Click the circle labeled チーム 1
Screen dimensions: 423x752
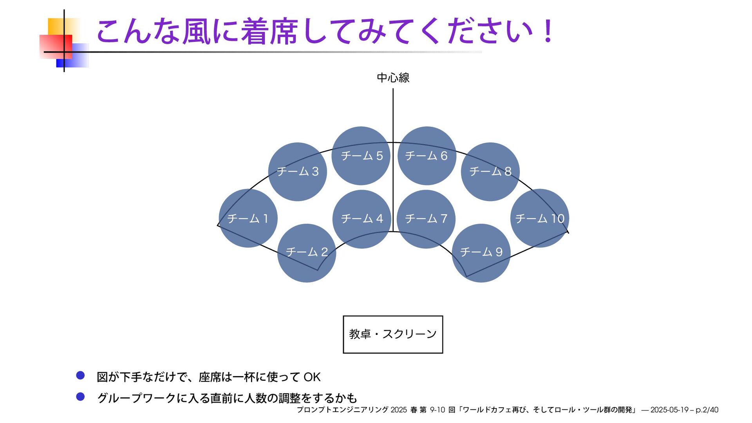pyautogui.click(x=248, y=218)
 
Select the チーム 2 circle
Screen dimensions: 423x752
pyautogui.click(x=307, y=253)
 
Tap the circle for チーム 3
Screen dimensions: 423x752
pyautogui.click(x=298, y=171)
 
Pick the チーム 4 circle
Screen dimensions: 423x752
pyautogui.click(x=362, y=219)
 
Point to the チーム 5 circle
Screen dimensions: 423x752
pyautogui.click(x=361, y=156)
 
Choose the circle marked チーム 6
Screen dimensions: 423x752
pyautogui.click(x=427, y=156)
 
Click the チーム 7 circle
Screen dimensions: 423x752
pyautogui.click(x=426, y=219)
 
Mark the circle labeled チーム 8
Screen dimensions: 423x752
pyautogui.click(x=490, y=171)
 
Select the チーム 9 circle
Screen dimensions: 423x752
pyautogui.click(x=481, y=253)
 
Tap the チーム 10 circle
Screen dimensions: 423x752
pyautogui.click(x=540, y=218)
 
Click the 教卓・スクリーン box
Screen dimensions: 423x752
pyautogui.click(x=393, y=334)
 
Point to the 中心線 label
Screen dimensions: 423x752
pyautogui.click(x=393, y=77)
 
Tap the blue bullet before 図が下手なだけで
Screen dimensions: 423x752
pyautogui.click(x=80, y=376)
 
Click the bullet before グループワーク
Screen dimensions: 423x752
pyautogui.click(x=80, y=397)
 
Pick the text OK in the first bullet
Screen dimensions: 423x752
pyautogui.click(x=312, y=377)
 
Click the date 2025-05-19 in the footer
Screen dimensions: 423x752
pyautogui.click(x=669, y=410)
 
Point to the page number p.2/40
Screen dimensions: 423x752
pyautogui.click(x=707, y=410)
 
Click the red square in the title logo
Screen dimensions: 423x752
pyautogui.click(x=56, y=46)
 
